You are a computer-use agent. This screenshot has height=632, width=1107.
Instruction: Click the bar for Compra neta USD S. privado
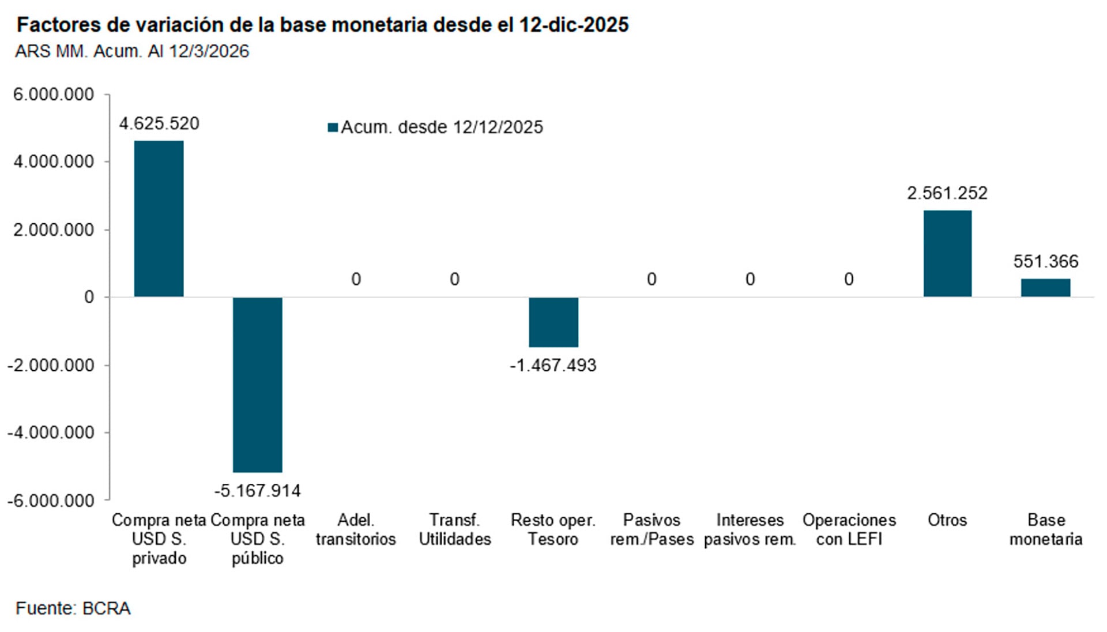[159, 219]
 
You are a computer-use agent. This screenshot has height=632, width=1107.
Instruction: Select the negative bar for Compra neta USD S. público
[257, 385]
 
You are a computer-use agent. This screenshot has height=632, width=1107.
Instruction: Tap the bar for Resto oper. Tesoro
[553, 322]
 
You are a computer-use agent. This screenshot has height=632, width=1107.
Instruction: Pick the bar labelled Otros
[947, 254]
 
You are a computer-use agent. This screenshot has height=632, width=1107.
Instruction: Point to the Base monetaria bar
[1045, 288]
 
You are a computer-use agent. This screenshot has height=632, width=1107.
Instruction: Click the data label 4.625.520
[159, 123]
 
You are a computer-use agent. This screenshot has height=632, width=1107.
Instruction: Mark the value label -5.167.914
[257, 491]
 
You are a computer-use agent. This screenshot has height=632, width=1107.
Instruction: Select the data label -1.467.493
[553, 365]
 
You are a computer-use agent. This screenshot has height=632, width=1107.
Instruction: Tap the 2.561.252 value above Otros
[947, 193]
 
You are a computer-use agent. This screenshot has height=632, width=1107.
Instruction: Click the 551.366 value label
[1045, 261]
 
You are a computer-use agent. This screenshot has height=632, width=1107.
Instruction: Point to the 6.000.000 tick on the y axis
[54, 94]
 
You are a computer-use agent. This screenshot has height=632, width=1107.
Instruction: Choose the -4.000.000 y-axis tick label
[50, 432]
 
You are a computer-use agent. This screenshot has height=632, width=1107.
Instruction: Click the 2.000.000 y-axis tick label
[54, 230]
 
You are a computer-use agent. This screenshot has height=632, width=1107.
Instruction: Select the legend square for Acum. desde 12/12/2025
[333, 127]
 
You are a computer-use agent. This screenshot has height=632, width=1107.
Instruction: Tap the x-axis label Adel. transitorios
[356, 529]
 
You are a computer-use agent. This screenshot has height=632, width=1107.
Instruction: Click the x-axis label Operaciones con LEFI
[849, 529]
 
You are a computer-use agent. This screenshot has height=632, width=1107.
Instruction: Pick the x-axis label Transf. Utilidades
[454, 529]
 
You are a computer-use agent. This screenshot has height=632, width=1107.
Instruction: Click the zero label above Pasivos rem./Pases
[652, 279]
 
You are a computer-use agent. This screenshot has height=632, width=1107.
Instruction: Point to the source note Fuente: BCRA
[73, 608]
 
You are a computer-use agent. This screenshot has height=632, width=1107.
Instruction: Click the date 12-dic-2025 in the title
[574, 25]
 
